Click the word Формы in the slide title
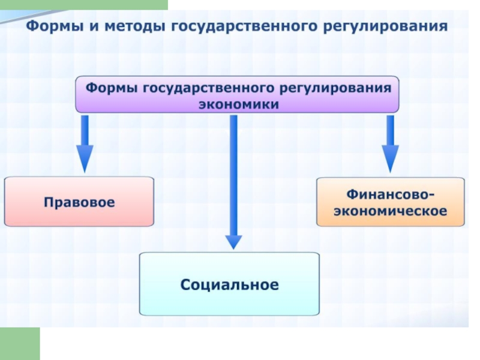(55, 26)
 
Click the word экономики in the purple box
(239, 104)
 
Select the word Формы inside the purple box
(112, 88)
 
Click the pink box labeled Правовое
(79, 202)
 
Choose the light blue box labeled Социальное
(229, 284)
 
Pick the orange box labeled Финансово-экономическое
(391, 202)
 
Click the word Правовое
(79, 202)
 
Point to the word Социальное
(230, 284)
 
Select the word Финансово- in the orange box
(391, 194)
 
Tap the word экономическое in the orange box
(391, 211)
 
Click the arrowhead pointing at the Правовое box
(85, 158)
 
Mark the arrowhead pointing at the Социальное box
(233, 242)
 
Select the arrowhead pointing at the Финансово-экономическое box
(391, 158)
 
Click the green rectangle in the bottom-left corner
(20, 343)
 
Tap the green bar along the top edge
(84, 5)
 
